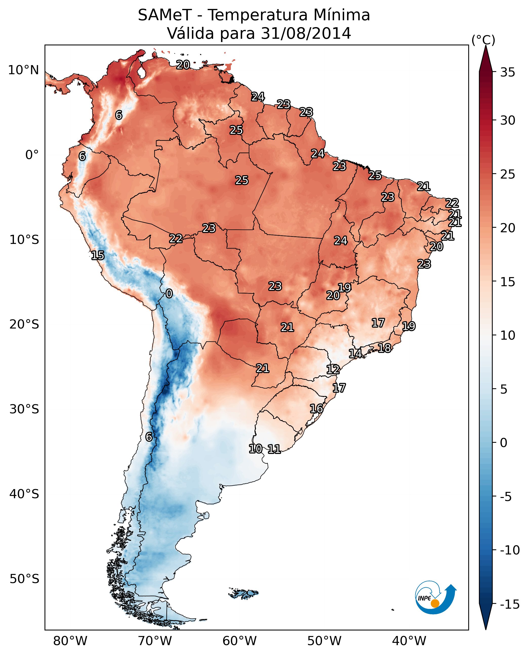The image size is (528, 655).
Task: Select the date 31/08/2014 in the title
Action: point(306,33)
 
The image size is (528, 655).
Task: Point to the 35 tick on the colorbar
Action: point(507,72)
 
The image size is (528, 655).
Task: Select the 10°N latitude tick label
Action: point(24,70)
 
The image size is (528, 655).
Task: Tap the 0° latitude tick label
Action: point(32,155)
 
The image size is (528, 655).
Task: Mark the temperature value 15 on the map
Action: point(98,255)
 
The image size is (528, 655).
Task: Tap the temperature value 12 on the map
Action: point(333,370)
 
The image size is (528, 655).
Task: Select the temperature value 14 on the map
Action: point(355,353)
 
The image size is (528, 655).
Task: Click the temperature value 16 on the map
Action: point(317,409)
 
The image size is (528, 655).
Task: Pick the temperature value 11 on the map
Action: point(274,449)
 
